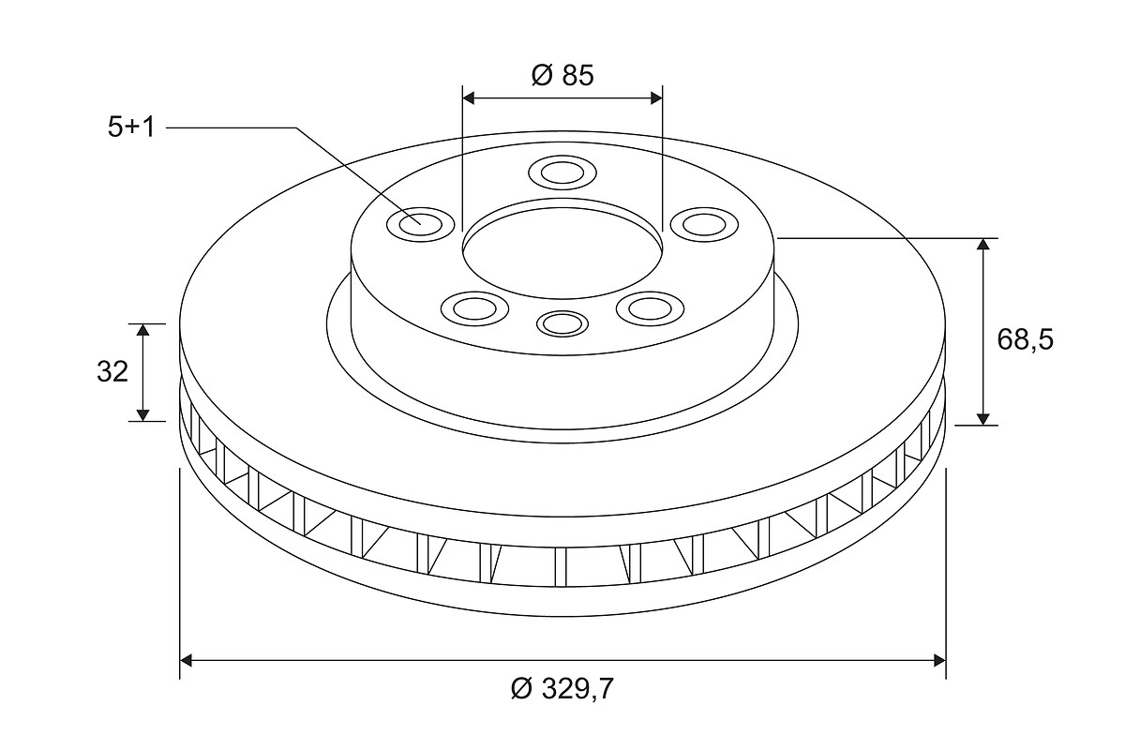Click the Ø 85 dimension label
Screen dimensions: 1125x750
[562, 75]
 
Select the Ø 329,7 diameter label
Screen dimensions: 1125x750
[562, 689]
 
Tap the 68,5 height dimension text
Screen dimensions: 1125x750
[1025, 339]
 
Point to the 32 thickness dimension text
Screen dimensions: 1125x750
[112, 372]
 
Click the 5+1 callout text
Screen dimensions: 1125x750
[131, 127]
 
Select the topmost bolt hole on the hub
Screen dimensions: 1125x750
[562, 172]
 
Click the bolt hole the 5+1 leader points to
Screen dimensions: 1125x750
[421, 224]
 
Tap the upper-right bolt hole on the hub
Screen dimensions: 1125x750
[705, 224]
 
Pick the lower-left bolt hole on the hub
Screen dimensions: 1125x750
[475, 307]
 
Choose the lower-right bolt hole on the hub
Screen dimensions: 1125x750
[651, 307]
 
